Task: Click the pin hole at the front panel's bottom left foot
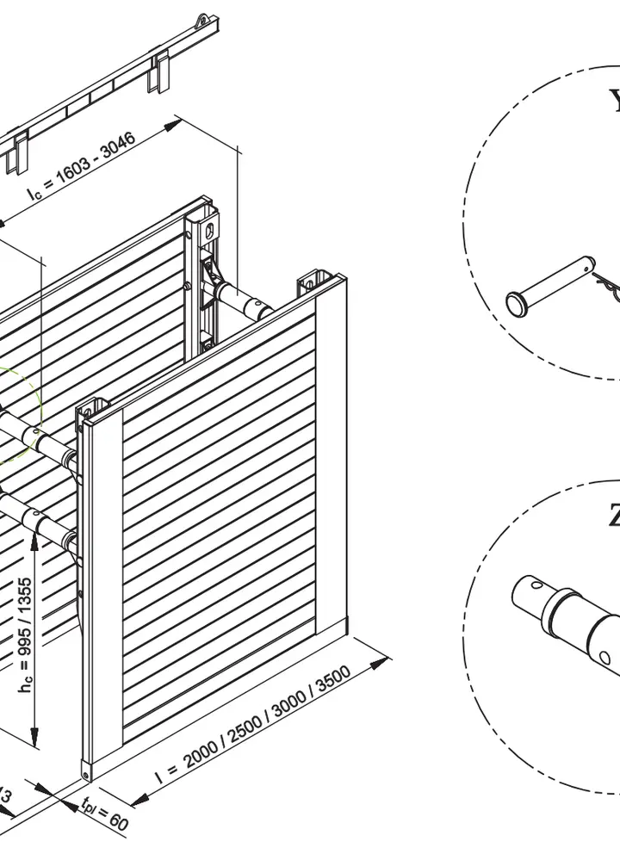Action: [x=87, y=773]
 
